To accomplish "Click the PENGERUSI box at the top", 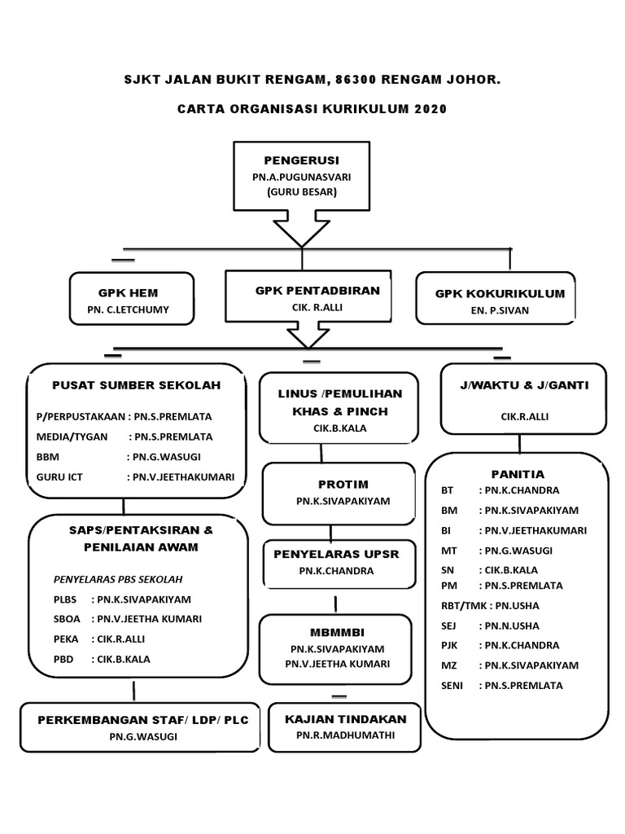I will coord(301,174).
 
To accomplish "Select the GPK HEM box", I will coord(133,300).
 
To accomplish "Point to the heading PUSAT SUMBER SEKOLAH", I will coord(136,385).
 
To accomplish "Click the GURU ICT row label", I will coord(59,477).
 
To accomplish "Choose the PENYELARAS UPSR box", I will coord(335,562).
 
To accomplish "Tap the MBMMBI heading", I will coord(336,632).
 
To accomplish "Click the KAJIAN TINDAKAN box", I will coord(346,727).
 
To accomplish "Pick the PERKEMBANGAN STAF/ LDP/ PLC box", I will coord(142,727).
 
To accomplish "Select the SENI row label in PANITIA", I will coord(452,686).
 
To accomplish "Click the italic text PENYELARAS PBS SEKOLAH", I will coord(117,579).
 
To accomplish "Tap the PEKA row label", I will coord(65,640).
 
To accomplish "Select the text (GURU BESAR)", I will coord(301,192).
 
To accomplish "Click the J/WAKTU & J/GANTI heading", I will coord(524,385).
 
